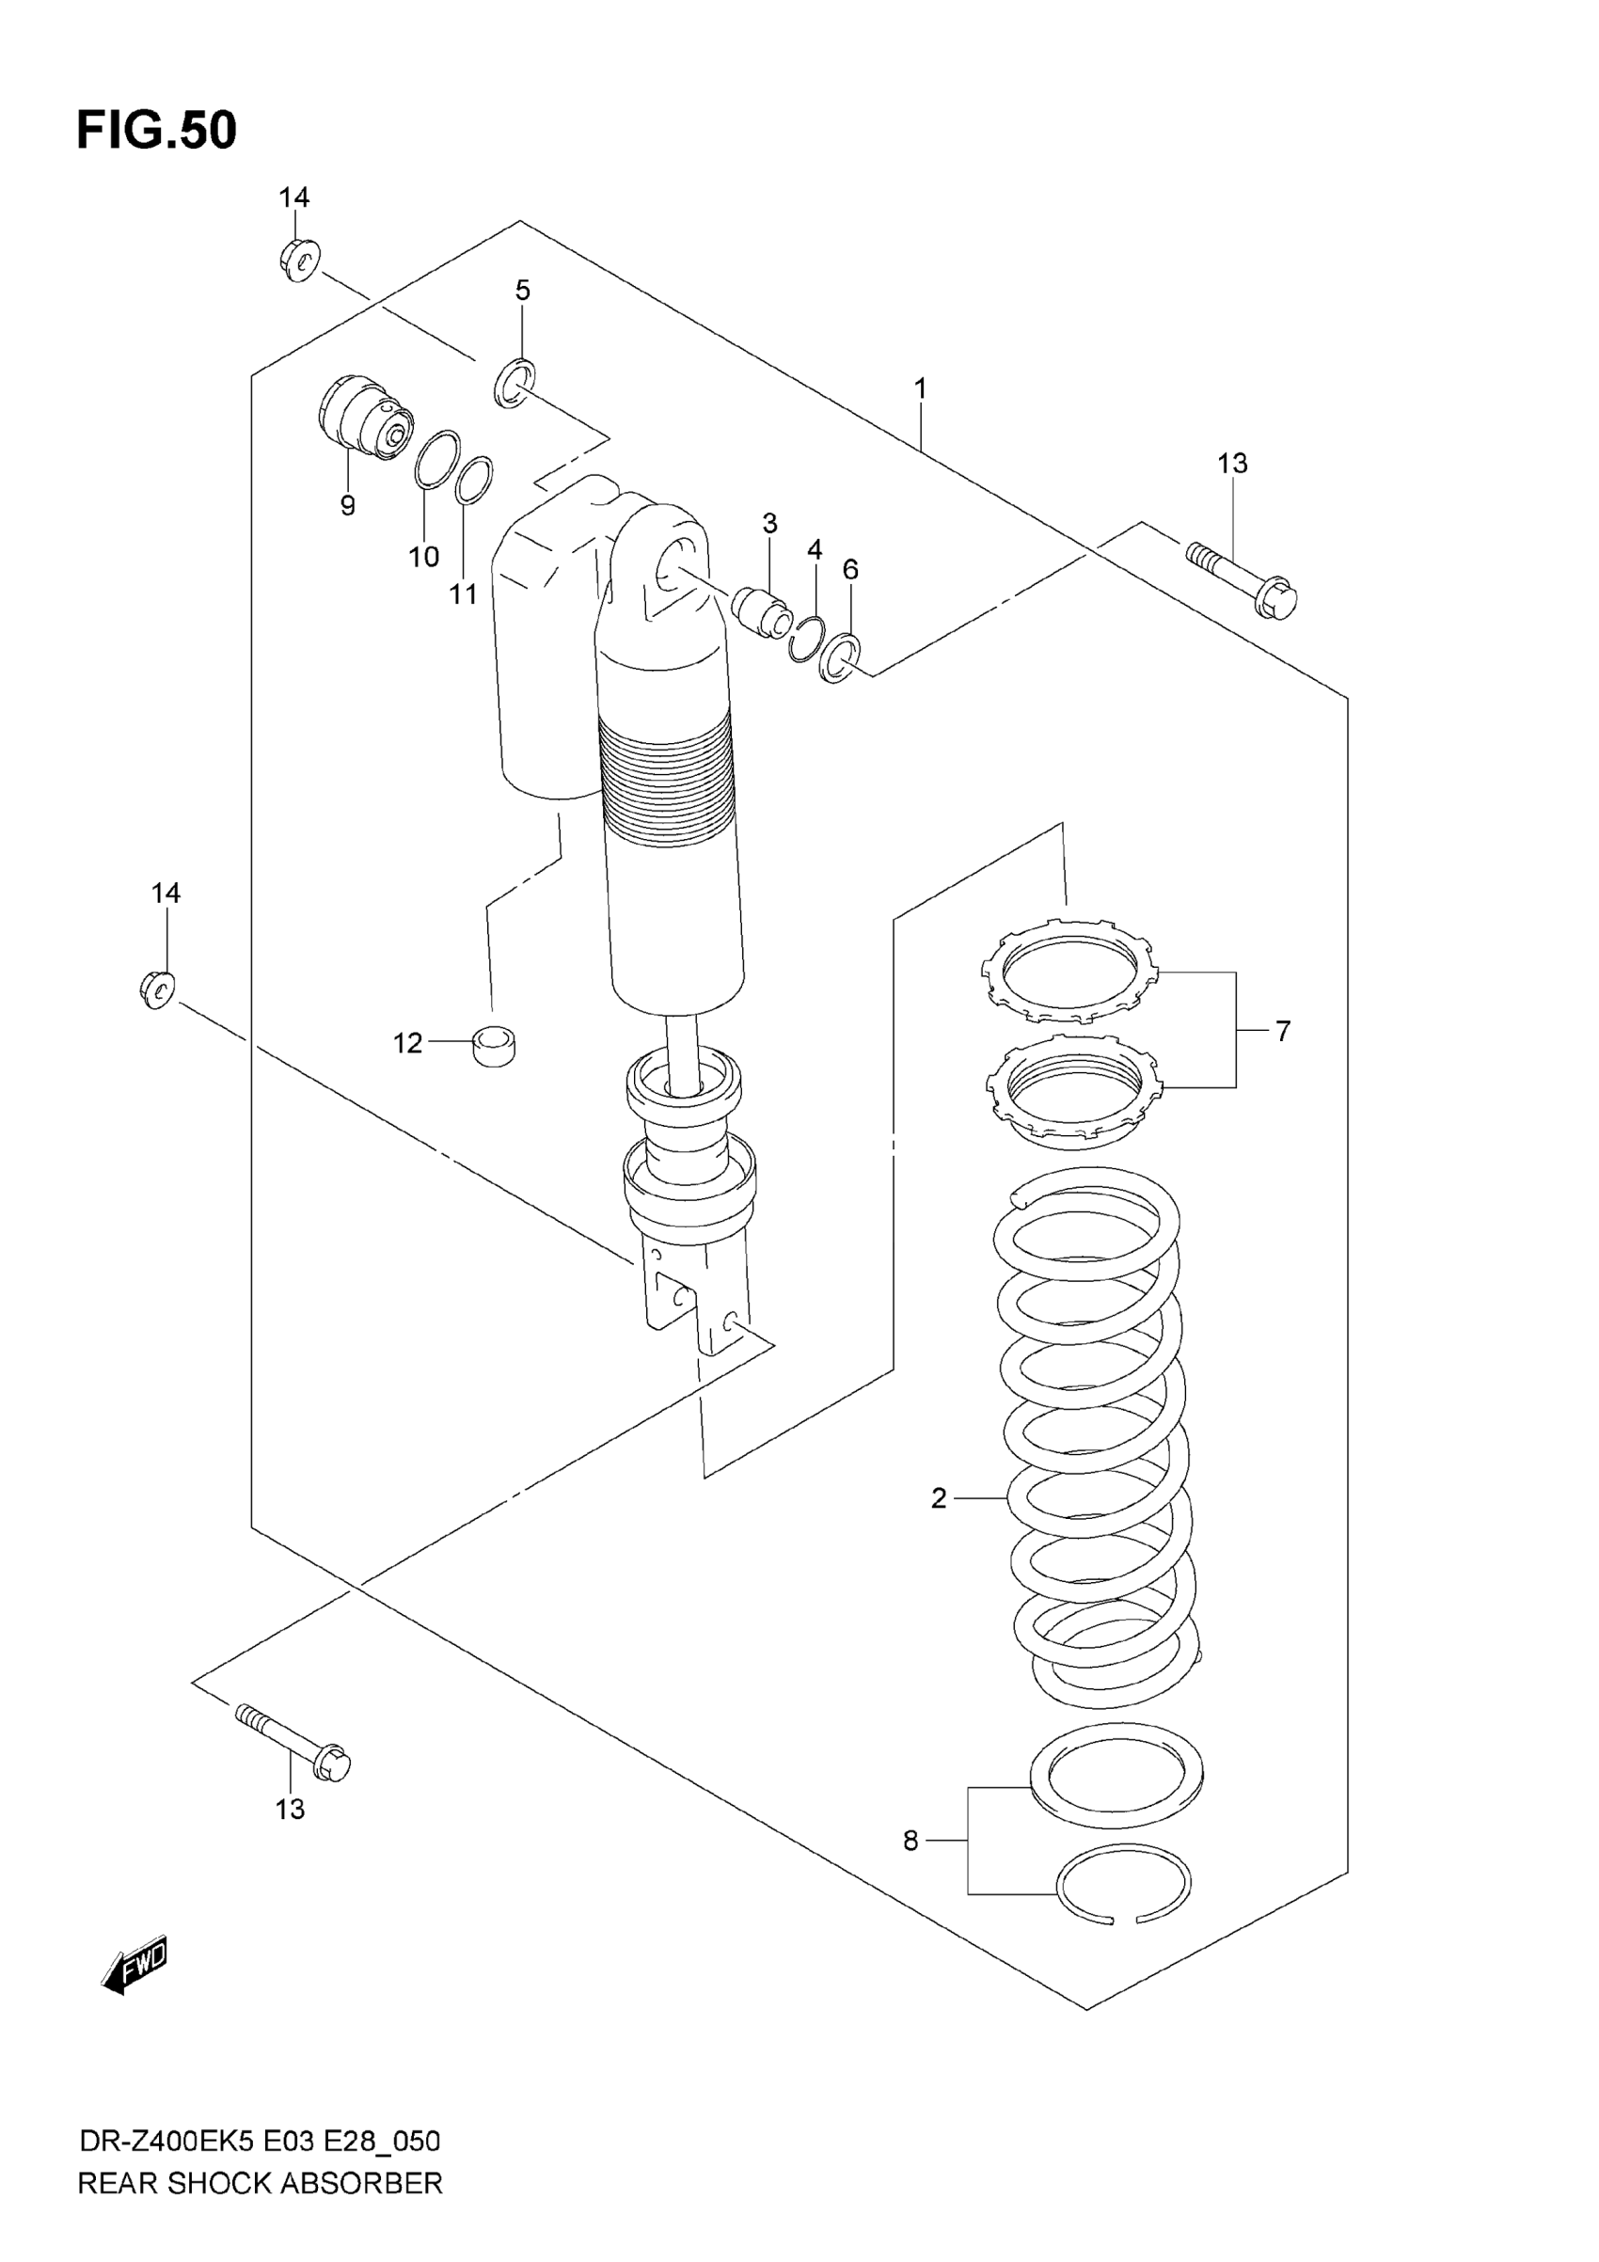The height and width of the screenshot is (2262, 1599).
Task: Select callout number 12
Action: pyautogui.click(x=408, y=1042)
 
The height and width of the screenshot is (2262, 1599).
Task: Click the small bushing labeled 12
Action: pyautogui.click(x=496, y=1043)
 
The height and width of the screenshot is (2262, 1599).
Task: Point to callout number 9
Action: pyautogui.click(x=347, y=506)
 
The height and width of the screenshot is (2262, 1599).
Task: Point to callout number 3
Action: pyautogui.click(x=769, y=523)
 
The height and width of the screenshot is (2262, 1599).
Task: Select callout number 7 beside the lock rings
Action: pyautogui.click(x=1282, y=1032)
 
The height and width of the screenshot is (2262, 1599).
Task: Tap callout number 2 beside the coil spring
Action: pyautogui.click(x=938, y=1498)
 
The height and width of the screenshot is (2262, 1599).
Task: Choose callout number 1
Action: pyautogui.click(x=920, y=389)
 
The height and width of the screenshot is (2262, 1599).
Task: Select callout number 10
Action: pyautogui.click(x=423, y=557)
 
